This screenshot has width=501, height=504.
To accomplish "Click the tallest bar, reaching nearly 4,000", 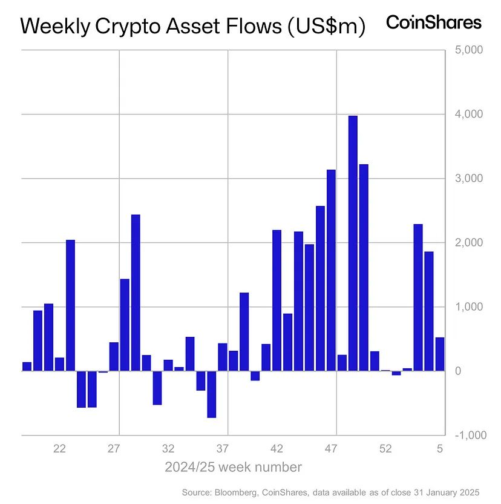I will [353, 242].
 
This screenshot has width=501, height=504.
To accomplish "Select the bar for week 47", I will [331, 270].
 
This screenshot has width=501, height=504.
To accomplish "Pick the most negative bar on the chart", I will [212, 394].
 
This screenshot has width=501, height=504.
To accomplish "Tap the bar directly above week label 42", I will [277, 300].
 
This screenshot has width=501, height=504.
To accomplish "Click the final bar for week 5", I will [440, 354].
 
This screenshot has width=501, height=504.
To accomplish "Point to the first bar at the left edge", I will [27, 366].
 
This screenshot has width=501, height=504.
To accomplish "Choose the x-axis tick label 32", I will [168, 449].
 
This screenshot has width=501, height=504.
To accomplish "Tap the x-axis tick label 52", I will [385, 449].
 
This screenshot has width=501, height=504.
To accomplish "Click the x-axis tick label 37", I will [222, 449].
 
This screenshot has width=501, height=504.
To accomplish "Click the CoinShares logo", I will [434, 23].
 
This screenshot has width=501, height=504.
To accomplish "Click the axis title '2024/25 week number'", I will [233, 467].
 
